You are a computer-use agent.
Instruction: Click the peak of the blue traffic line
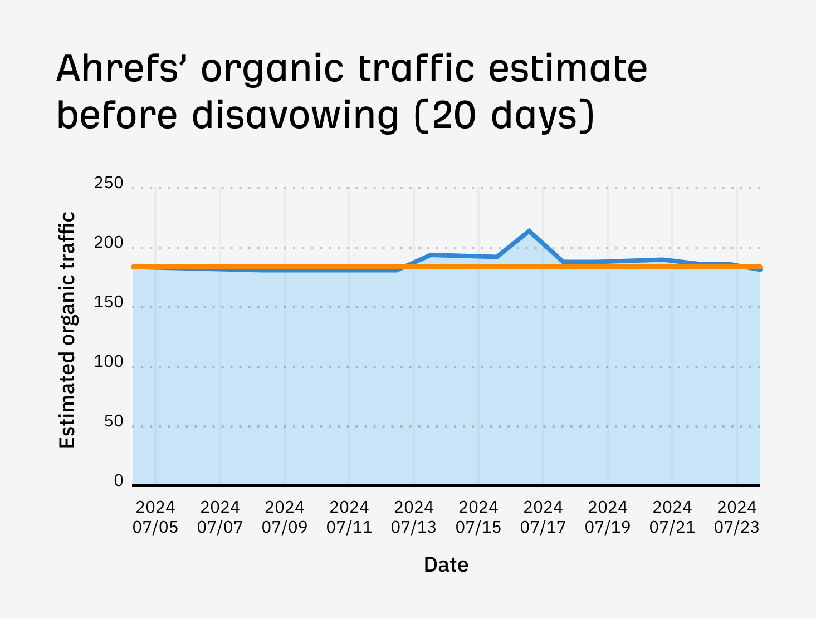(x=529, y=231)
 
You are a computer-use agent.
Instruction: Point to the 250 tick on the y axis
(x=109, y=183)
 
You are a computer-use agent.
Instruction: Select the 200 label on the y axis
(x=109, y=243)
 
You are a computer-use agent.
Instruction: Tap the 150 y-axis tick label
(x=109, y=303)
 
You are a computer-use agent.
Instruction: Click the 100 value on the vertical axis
(x=109, y=362)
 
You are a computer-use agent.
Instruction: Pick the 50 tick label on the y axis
(x=114, y=422)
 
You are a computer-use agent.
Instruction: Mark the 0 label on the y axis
(x=119, y=481)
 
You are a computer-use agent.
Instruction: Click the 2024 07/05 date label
(x=155, y=517)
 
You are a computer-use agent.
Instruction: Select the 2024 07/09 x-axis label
(x=285, y=517)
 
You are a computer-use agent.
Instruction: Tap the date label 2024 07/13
(x=414, y=517)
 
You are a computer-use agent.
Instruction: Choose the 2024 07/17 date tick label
(x=543, y=517)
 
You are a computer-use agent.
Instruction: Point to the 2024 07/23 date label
(x=737, y=517)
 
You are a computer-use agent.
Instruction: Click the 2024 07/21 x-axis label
(x=672, y=517)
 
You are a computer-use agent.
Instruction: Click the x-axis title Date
(x=446, y=565)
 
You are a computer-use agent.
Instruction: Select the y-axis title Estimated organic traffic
(x=67, y=330)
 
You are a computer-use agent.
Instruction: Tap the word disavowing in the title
(x=295, y=116)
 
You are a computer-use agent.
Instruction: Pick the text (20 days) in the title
(x=505, y=116)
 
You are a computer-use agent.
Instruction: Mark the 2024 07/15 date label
(x=478, y=517)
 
